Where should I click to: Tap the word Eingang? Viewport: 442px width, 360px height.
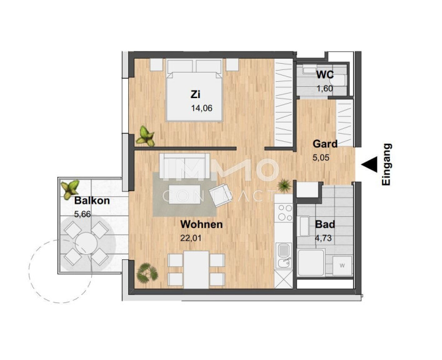386,164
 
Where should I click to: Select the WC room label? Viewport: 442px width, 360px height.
324,75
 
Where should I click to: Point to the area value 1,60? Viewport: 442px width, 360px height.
324,89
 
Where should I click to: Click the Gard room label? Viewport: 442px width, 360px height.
325,144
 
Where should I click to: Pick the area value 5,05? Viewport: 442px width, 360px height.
321,157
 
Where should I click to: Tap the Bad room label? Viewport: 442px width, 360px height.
325,224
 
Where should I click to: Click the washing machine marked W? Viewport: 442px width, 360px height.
342,266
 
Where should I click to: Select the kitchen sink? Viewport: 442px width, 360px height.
284,256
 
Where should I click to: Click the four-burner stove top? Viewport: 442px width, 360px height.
284,212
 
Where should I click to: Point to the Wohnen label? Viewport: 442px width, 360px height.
201,224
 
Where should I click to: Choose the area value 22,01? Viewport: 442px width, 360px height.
191,238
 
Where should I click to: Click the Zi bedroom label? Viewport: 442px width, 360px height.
195,94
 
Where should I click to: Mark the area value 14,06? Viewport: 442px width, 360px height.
201,108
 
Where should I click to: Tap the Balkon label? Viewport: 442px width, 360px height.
92,201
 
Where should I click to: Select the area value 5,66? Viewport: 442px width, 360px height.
83,214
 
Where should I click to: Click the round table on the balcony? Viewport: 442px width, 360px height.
86,243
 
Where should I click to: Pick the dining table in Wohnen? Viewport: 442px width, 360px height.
196,270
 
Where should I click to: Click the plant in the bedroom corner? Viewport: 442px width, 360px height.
146,136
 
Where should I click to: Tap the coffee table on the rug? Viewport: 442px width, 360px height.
184,194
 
